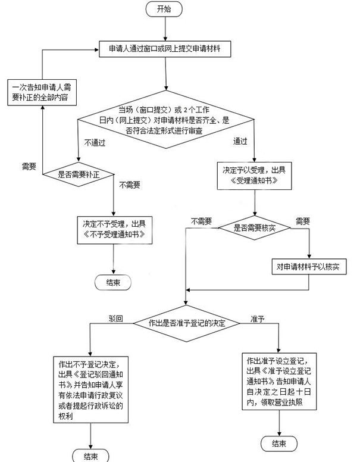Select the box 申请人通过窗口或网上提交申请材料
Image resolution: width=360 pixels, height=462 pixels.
pos(165,49)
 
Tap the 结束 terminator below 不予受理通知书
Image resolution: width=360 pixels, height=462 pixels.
pos(113,282)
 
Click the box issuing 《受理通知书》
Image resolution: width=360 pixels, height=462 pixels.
pos(255,174)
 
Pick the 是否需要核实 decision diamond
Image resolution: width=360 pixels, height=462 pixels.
pos(254,228)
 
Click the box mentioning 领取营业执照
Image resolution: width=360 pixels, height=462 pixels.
pos(280,383)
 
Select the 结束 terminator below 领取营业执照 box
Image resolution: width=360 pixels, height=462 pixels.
pos(280,443)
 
